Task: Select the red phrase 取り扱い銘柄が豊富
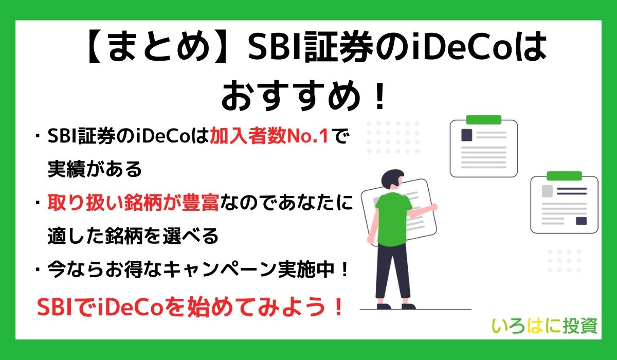click(x=133, y=204)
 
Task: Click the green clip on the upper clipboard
click(x=483, y=120)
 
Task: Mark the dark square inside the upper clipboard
click(x=466, y=135)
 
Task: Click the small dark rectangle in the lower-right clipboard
click(x=581, y=221)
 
